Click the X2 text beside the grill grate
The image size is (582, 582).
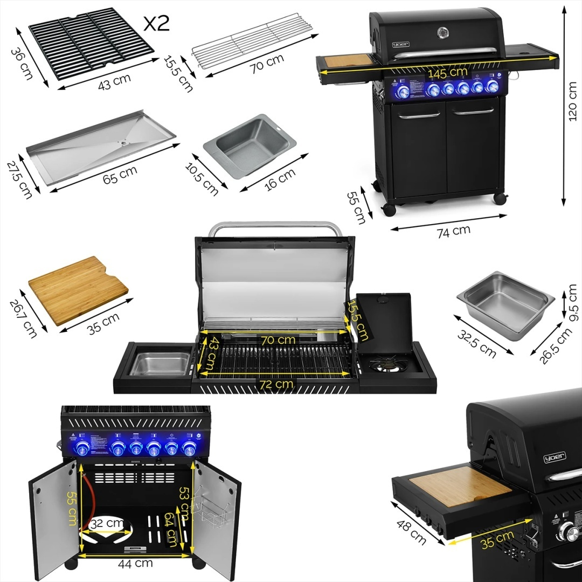(x=156, y=23)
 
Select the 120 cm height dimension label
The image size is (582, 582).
(x=572, y=105)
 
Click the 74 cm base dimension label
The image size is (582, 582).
(x=453, y=231)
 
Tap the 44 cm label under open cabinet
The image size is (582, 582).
(x=135, y=564)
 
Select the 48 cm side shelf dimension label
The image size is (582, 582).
(x=411, y=532)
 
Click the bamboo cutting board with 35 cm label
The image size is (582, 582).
(x=78, y=289)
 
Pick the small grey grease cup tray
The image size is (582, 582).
(x=250, y=144)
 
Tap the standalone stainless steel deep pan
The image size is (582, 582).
(x=505, y=303)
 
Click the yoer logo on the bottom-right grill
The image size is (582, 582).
(x=555, y=458)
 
